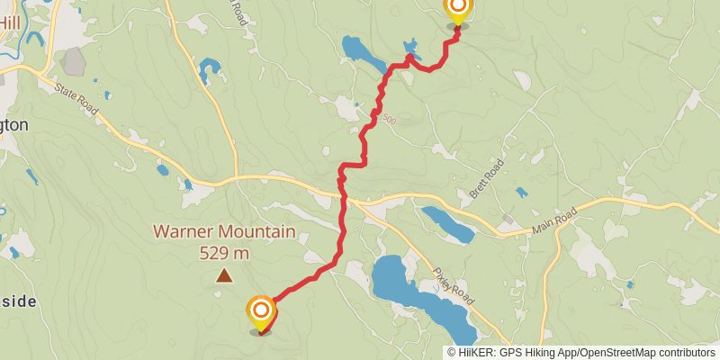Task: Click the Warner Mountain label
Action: [224, 232]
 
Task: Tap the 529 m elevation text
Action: [224, 253]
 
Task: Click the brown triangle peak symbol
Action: [223, 278]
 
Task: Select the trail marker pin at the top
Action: [457, 10]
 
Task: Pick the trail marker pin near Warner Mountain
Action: [261, 312]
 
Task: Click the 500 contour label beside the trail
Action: [388, 119]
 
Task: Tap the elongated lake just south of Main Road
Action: [447, 224]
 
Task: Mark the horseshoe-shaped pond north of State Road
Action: [211, 68]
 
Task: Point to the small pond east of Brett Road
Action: [520, 191]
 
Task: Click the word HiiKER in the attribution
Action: [476, 353]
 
